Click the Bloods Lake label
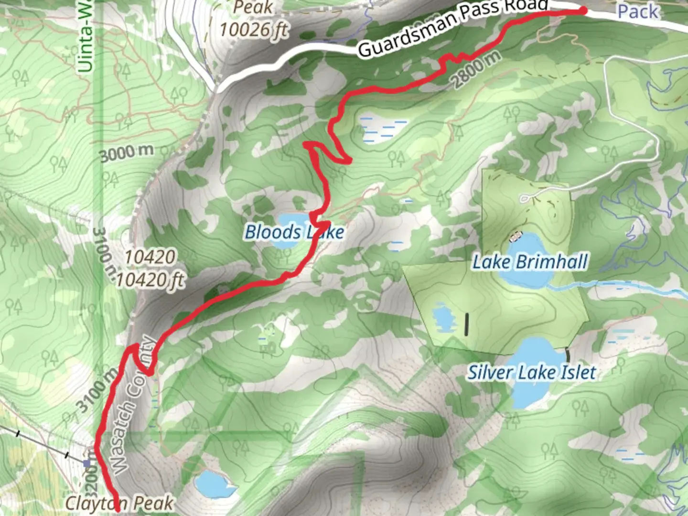pyautogui.click(x=294, y=233)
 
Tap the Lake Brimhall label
pyautogui.click(x=530, y=262)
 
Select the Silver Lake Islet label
pyautogui.click(x=531, y=373)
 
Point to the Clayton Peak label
pyautogui.click(x=119, y=503)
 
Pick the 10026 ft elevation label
pyautogui.click(x=254, y=30)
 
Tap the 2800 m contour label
pyautogui.click(x=476, y=69)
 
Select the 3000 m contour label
pyautogui.click(x=127, y=153)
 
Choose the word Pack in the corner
pyautogui.click(x=638, y=11)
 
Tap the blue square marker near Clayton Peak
pyautogui.click(x=86, y=463)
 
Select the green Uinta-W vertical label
pyautogui.click(x=86, y=36)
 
